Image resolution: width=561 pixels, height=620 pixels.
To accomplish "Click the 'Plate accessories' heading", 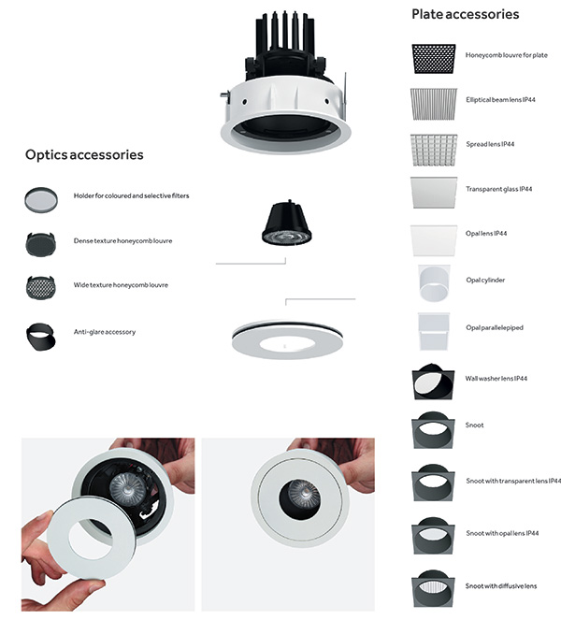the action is pyautogui.click(x=466, y=14).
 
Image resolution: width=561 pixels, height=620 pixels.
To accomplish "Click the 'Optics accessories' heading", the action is pyautogui.click(x=84, y=154).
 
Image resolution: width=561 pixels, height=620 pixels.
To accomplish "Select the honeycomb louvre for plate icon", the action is pyautogui.click(x=434, y=59).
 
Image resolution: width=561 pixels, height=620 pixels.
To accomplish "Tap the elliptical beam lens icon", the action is pyautogui.click(x=434, y=104).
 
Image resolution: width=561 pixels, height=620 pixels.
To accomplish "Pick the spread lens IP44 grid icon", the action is pyautogui.click(x=434, y=150).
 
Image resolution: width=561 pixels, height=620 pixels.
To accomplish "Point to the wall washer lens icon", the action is pyautogui.click(x=433, y=382).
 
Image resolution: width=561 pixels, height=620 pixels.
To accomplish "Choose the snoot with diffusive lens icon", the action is pyautogui.click(x=433, y=588).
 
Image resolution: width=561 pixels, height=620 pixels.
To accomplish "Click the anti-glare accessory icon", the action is pyautogui.click(x=41, y=337).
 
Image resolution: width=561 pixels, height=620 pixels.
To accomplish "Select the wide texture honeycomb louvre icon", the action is pyautogui.click(x=41, y=287).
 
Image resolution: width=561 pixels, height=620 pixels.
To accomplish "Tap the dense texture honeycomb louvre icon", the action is pyautogui.click(x=41, y=244).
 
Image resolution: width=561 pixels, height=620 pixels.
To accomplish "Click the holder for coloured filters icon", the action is pyautogui.click(x=41, y=200).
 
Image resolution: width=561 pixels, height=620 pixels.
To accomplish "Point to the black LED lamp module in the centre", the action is pyautogui.click(x=287, y=223).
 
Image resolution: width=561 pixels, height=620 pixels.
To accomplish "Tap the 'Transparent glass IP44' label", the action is pyautogui.click(x=499, y=189).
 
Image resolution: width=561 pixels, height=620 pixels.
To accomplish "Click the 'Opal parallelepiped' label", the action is pyautogui.click(x=495, y=327).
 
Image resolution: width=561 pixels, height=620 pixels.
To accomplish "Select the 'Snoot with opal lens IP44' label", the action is pyautogui.click(x=502, y=533).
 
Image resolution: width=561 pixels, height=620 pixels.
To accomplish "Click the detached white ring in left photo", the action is pyautogui.click(x=59, y=539).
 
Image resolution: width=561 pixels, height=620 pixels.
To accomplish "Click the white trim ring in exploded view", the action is pyautogui.click(x=245, y=343).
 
